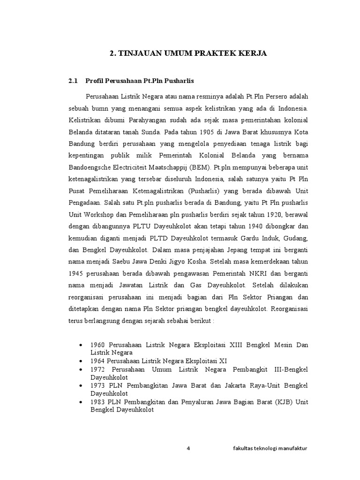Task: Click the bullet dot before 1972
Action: pyautogui.click(x=82, y=370)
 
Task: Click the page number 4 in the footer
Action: pyautogui.click(x=188, y=448)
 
